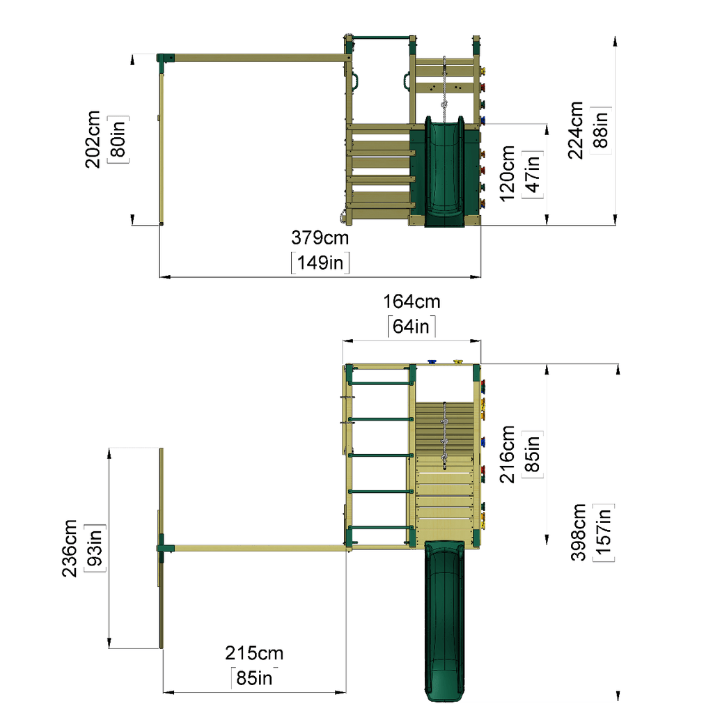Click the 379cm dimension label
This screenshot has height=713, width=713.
coord(320,237)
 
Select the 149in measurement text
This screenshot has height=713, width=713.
coord(320,263)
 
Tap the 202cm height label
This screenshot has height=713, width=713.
coord(93,139)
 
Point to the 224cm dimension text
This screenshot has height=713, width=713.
coord(575,130)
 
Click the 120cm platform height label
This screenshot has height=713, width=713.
coord(507,173)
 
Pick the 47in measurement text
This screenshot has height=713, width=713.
coord(532,173)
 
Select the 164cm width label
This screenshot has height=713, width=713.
coord(412,301)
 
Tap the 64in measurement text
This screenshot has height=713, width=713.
coord(411,326)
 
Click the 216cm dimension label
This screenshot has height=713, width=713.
coord(507,454)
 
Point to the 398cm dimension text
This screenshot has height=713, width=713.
coord(578,532)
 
